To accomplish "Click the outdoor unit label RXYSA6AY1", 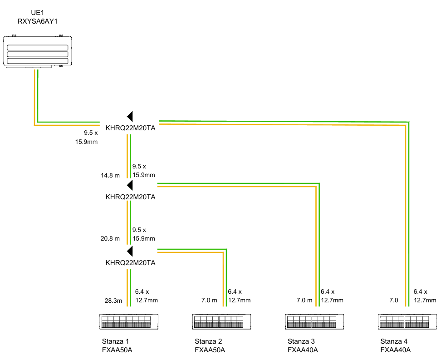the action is pyautogui.click(x=37, y=21).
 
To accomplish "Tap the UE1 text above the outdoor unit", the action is pyautogui.click(x=37, y=13).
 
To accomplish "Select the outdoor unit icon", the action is pyautogui.click(x=38, y=51).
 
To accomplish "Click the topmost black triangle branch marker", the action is pyautogui.click(x=130, y=116).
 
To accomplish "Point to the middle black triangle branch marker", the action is pyautogui.click(x=130, y=185).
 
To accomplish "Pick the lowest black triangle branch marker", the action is pyautogui.click(x=130, y=252).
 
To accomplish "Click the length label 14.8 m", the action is pyautogui.click(x=110, y=175).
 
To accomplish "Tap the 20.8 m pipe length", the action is pyautogui.click(x=110, y=238).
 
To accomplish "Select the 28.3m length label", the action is pyautogui.click(x=113, y=301).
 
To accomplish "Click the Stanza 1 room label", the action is pyautogui.click(x=115, y=341).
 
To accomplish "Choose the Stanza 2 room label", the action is pyautogui.click(x=208, y=341).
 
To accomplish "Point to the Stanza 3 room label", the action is pyautogui.click(x=301, y=341).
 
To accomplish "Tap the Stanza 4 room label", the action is pyautogui.click(x=394, y=341).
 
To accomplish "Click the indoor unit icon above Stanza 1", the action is pyautogui.click(x=129, y=322).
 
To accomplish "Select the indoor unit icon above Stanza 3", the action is pyautogui.click(x=314, y=322).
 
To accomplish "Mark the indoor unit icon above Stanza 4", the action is pyautogui.click(x=407, y=322).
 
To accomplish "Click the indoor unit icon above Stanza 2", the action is pyautogui.click(x=221, y=322).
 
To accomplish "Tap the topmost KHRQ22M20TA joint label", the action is pyautogui.click(x=131, y=128).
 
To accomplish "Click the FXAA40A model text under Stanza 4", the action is pyautogui.click(x=396, y=350).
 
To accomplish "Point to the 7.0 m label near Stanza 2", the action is pyautogui.click(x=209, y=301).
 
